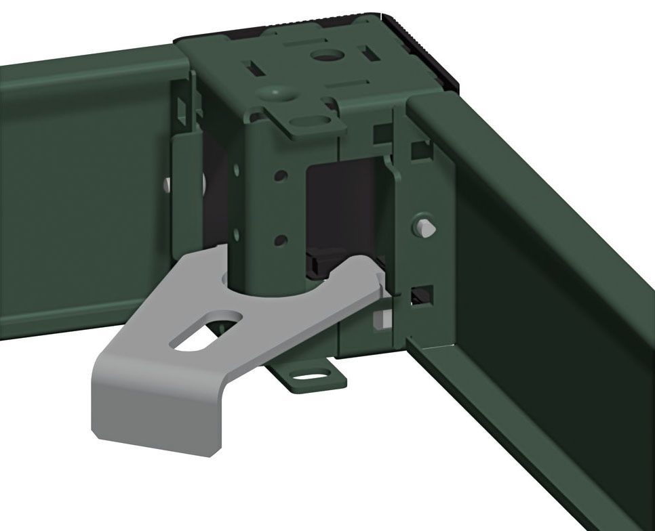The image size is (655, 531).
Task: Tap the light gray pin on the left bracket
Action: click(166, 184)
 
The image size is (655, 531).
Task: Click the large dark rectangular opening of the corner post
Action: click(342, 210)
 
